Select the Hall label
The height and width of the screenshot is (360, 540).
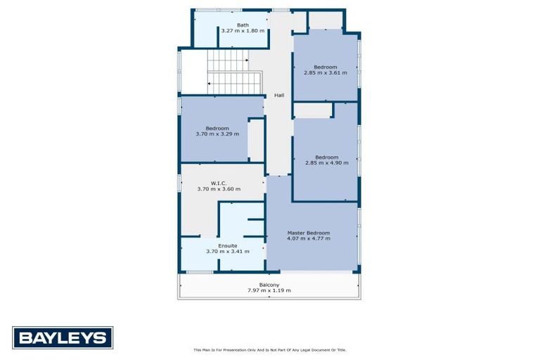(x=278, y=96)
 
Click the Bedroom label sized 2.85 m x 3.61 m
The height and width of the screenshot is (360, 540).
(x=325, y=67)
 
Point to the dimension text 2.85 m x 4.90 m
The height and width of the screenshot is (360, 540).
(x=326, y=163)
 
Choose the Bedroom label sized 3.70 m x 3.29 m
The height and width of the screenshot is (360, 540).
(x=217, y=128)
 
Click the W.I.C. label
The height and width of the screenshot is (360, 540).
(x=218, y=183)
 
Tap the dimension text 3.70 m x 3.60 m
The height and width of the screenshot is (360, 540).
(x=218, y=189)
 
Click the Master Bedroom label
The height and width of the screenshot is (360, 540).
(x=308, y=233)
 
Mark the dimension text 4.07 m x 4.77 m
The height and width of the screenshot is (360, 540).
(x=308, y=239)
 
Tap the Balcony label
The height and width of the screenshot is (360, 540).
(x=269, y=285)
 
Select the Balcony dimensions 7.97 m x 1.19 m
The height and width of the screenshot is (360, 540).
(x=269, y=290)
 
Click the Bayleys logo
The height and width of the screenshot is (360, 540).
(x=62, y=338)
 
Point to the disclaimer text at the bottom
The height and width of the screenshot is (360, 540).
(x=269, y=349)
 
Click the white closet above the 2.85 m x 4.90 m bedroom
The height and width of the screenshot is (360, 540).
(x=312, y=110)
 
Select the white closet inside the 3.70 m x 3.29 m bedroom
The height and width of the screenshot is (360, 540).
(x=256, y=140)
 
